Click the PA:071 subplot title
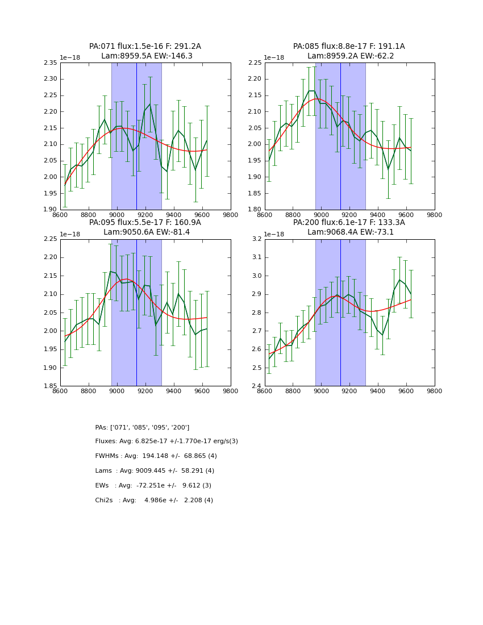click(x=145, y=47)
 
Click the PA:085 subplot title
click(x=349, y=47)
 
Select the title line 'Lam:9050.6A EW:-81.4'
click(x=147, y=232)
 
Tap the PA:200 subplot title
click(x=349, y=223)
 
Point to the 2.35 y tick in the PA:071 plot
click(x=51, y=63)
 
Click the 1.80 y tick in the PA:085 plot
click(x=255, y=210)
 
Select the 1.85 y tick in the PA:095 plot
click(x=51, y=386)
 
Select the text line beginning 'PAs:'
click(x=142, y=427)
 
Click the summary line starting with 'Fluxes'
click(x=166, y=441)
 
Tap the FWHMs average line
click(x=156, y=456)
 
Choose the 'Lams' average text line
click(x=155, y=471)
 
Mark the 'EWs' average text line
click(x=153, y=486)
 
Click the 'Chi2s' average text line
click(x=154, y=501)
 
